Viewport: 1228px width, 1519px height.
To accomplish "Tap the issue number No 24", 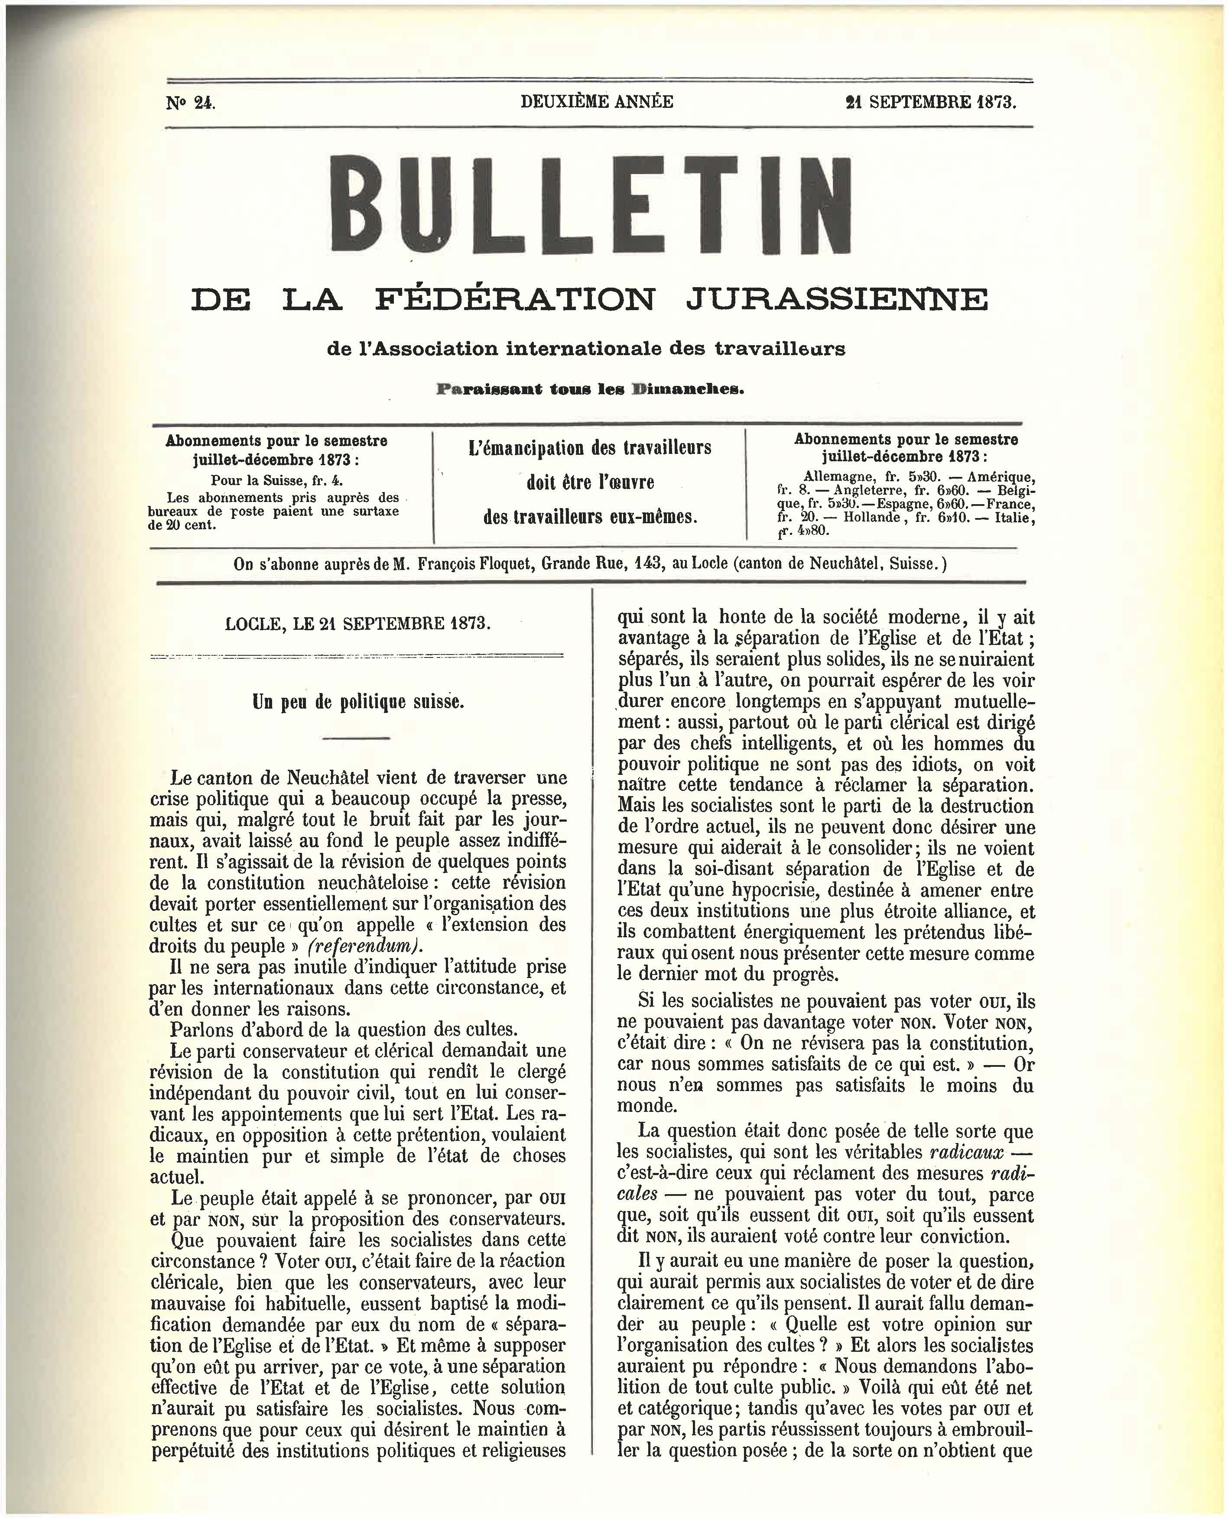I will [190, 103].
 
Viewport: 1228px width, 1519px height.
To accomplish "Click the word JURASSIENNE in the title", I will [837, 299].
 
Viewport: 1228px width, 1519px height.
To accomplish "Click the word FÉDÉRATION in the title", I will [515, 299].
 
